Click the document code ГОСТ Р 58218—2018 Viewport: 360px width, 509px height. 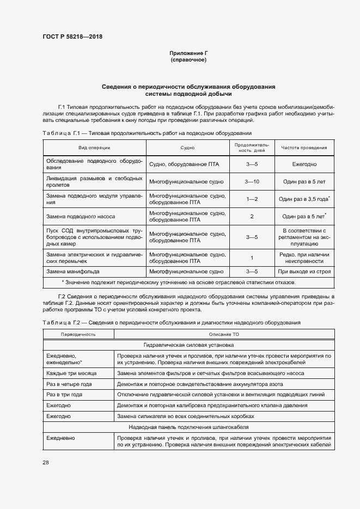point(72,36)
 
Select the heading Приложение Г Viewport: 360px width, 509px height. point(188,53)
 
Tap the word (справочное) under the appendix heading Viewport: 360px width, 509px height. point(188,59)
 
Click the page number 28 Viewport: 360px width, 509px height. point(46,462)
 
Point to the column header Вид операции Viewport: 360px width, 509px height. point(94,147)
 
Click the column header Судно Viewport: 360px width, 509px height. point(187,147)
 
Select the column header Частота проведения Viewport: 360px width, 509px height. point(304,147)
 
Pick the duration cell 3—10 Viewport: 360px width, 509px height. point(252,181)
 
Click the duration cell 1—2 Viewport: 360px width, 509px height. point(252,199)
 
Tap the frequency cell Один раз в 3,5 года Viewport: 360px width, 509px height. point(303,199)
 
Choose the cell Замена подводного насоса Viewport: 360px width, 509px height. point(81,216)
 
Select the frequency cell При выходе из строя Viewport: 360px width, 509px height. point(304,271)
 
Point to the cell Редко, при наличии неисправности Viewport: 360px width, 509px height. point(304,257)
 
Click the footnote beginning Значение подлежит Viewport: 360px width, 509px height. point(179,282)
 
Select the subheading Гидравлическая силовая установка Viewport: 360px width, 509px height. point(188,345)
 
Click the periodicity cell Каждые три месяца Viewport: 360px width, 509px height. point(71,373)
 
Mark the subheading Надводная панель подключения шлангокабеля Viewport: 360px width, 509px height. point(188,426)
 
